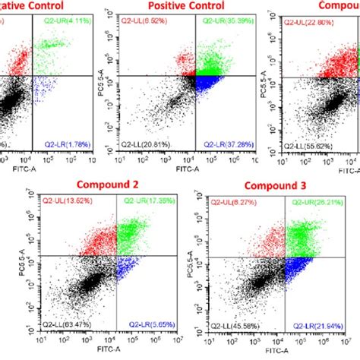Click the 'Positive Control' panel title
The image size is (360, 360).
tap(186, 6)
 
